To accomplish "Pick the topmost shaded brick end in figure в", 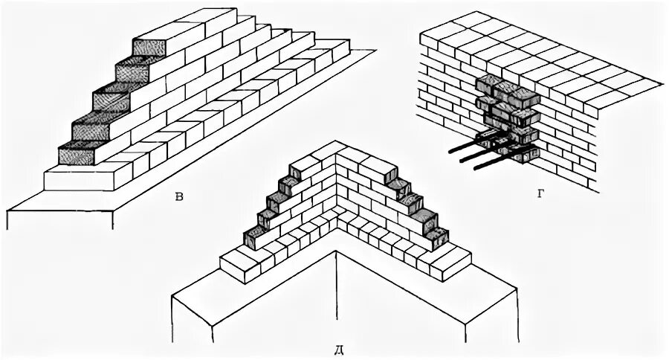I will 148,45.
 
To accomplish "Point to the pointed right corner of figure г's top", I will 659,85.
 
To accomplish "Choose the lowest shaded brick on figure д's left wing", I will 254,237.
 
